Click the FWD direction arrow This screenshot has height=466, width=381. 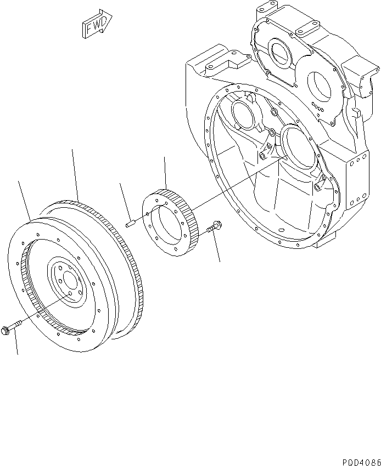coord(97,25)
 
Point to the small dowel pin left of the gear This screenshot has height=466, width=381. coord(130,223)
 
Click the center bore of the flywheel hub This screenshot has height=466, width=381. coord(69,280)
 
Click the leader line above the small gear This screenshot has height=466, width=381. coord(165,173)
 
